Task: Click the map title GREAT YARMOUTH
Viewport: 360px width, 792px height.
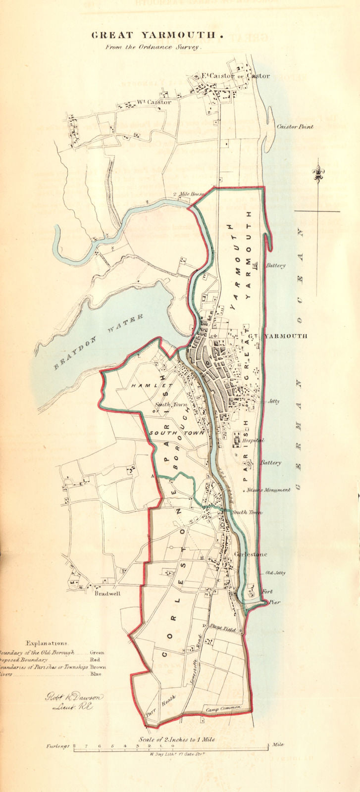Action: click(154, 35)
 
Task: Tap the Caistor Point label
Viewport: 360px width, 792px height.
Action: click(295, 127)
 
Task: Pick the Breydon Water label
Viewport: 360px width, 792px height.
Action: click(99, 342)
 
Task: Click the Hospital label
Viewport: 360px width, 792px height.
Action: click(253, 440)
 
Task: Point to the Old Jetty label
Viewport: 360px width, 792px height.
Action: click(275, 573)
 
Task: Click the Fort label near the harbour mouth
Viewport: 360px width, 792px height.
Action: click(267, 592)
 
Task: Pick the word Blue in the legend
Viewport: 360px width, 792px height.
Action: click(96, 674)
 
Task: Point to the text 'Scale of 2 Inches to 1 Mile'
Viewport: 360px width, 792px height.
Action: click(176, 740)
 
